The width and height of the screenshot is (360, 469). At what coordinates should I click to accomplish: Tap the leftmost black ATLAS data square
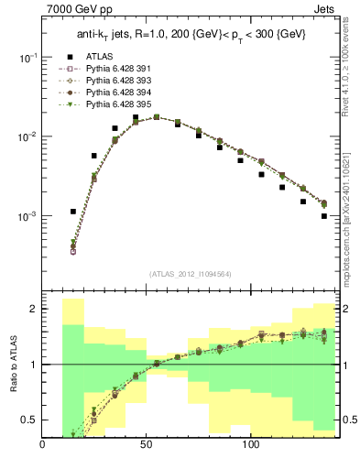click(73, 212)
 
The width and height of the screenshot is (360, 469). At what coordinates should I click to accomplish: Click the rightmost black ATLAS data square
click(324, 216)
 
